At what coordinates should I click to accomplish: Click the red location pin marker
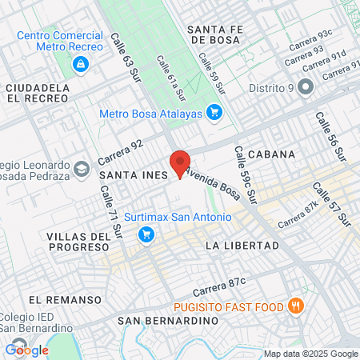click(x=180, y=162)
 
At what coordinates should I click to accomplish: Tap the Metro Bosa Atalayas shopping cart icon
click(x=214, y=113)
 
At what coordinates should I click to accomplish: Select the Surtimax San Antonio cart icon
click(x=146, y=234)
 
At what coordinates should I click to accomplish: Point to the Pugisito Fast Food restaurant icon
click(x=295, y=305)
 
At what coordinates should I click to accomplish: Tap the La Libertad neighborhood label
click(x=242, y=245)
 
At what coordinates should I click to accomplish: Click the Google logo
click(x=27, y=350)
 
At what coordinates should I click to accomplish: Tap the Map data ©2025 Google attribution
click(x=311, y=354)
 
